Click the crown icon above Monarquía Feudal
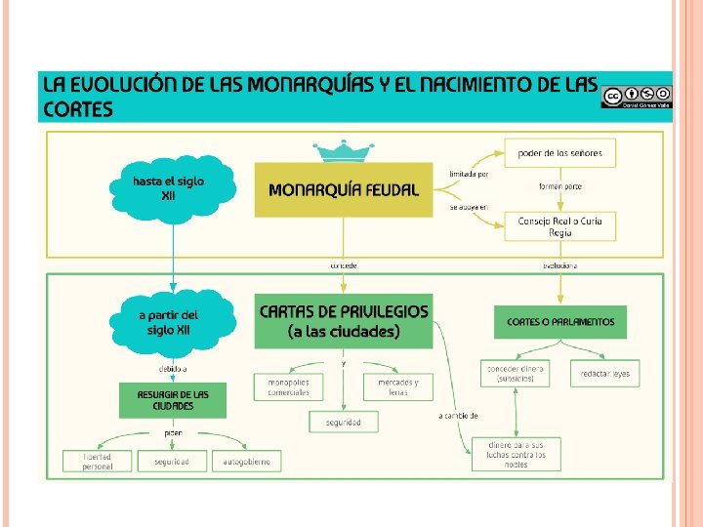(344, 151)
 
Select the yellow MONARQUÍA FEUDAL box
(343, 189)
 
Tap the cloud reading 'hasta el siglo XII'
(171, 188)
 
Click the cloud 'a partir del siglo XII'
(172, 321)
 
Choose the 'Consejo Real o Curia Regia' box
(559, 226)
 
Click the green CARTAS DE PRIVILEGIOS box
(343, 321)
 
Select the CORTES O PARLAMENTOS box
(560, 321)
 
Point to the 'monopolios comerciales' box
(289, 387)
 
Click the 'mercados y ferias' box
(397, 387)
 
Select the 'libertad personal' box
(97, 461)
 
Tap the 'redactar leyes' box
(605, 374)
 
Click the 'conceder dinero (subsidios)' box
(515, 374)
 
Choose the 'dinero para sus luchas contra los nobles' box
(516, 454)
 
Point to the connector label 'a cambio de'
(458, 416)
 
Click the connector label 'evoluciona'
(559, 265)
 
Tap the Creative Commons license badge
(636, 96)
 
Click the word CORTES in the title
(77, 108)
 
